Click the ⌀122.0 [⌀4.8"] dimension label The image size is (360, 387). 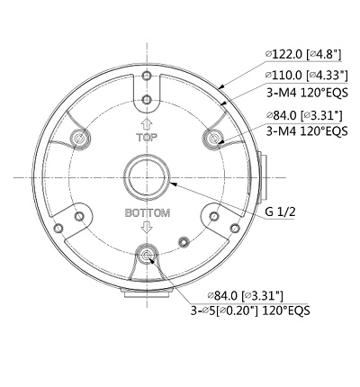(x=303, y=54)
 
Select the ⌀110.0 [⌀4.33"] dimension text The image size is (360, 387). (x=307, y=75)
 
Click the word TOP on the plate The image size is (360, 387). (x=147, y=138)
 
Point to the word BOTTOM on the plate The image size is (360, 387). (x=148, y=213)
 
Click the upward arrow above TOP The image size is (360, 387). (x=147, y=124)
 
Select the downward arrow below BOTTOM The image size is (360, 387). (x=147, y=227)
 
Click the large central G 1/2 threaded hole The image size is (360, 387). (x=147, y=177)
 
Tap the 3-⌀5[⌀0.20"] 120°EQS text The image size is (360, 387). (x=250, y=310)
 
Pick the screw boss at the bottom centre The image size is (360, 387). (x=147, y=255)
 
